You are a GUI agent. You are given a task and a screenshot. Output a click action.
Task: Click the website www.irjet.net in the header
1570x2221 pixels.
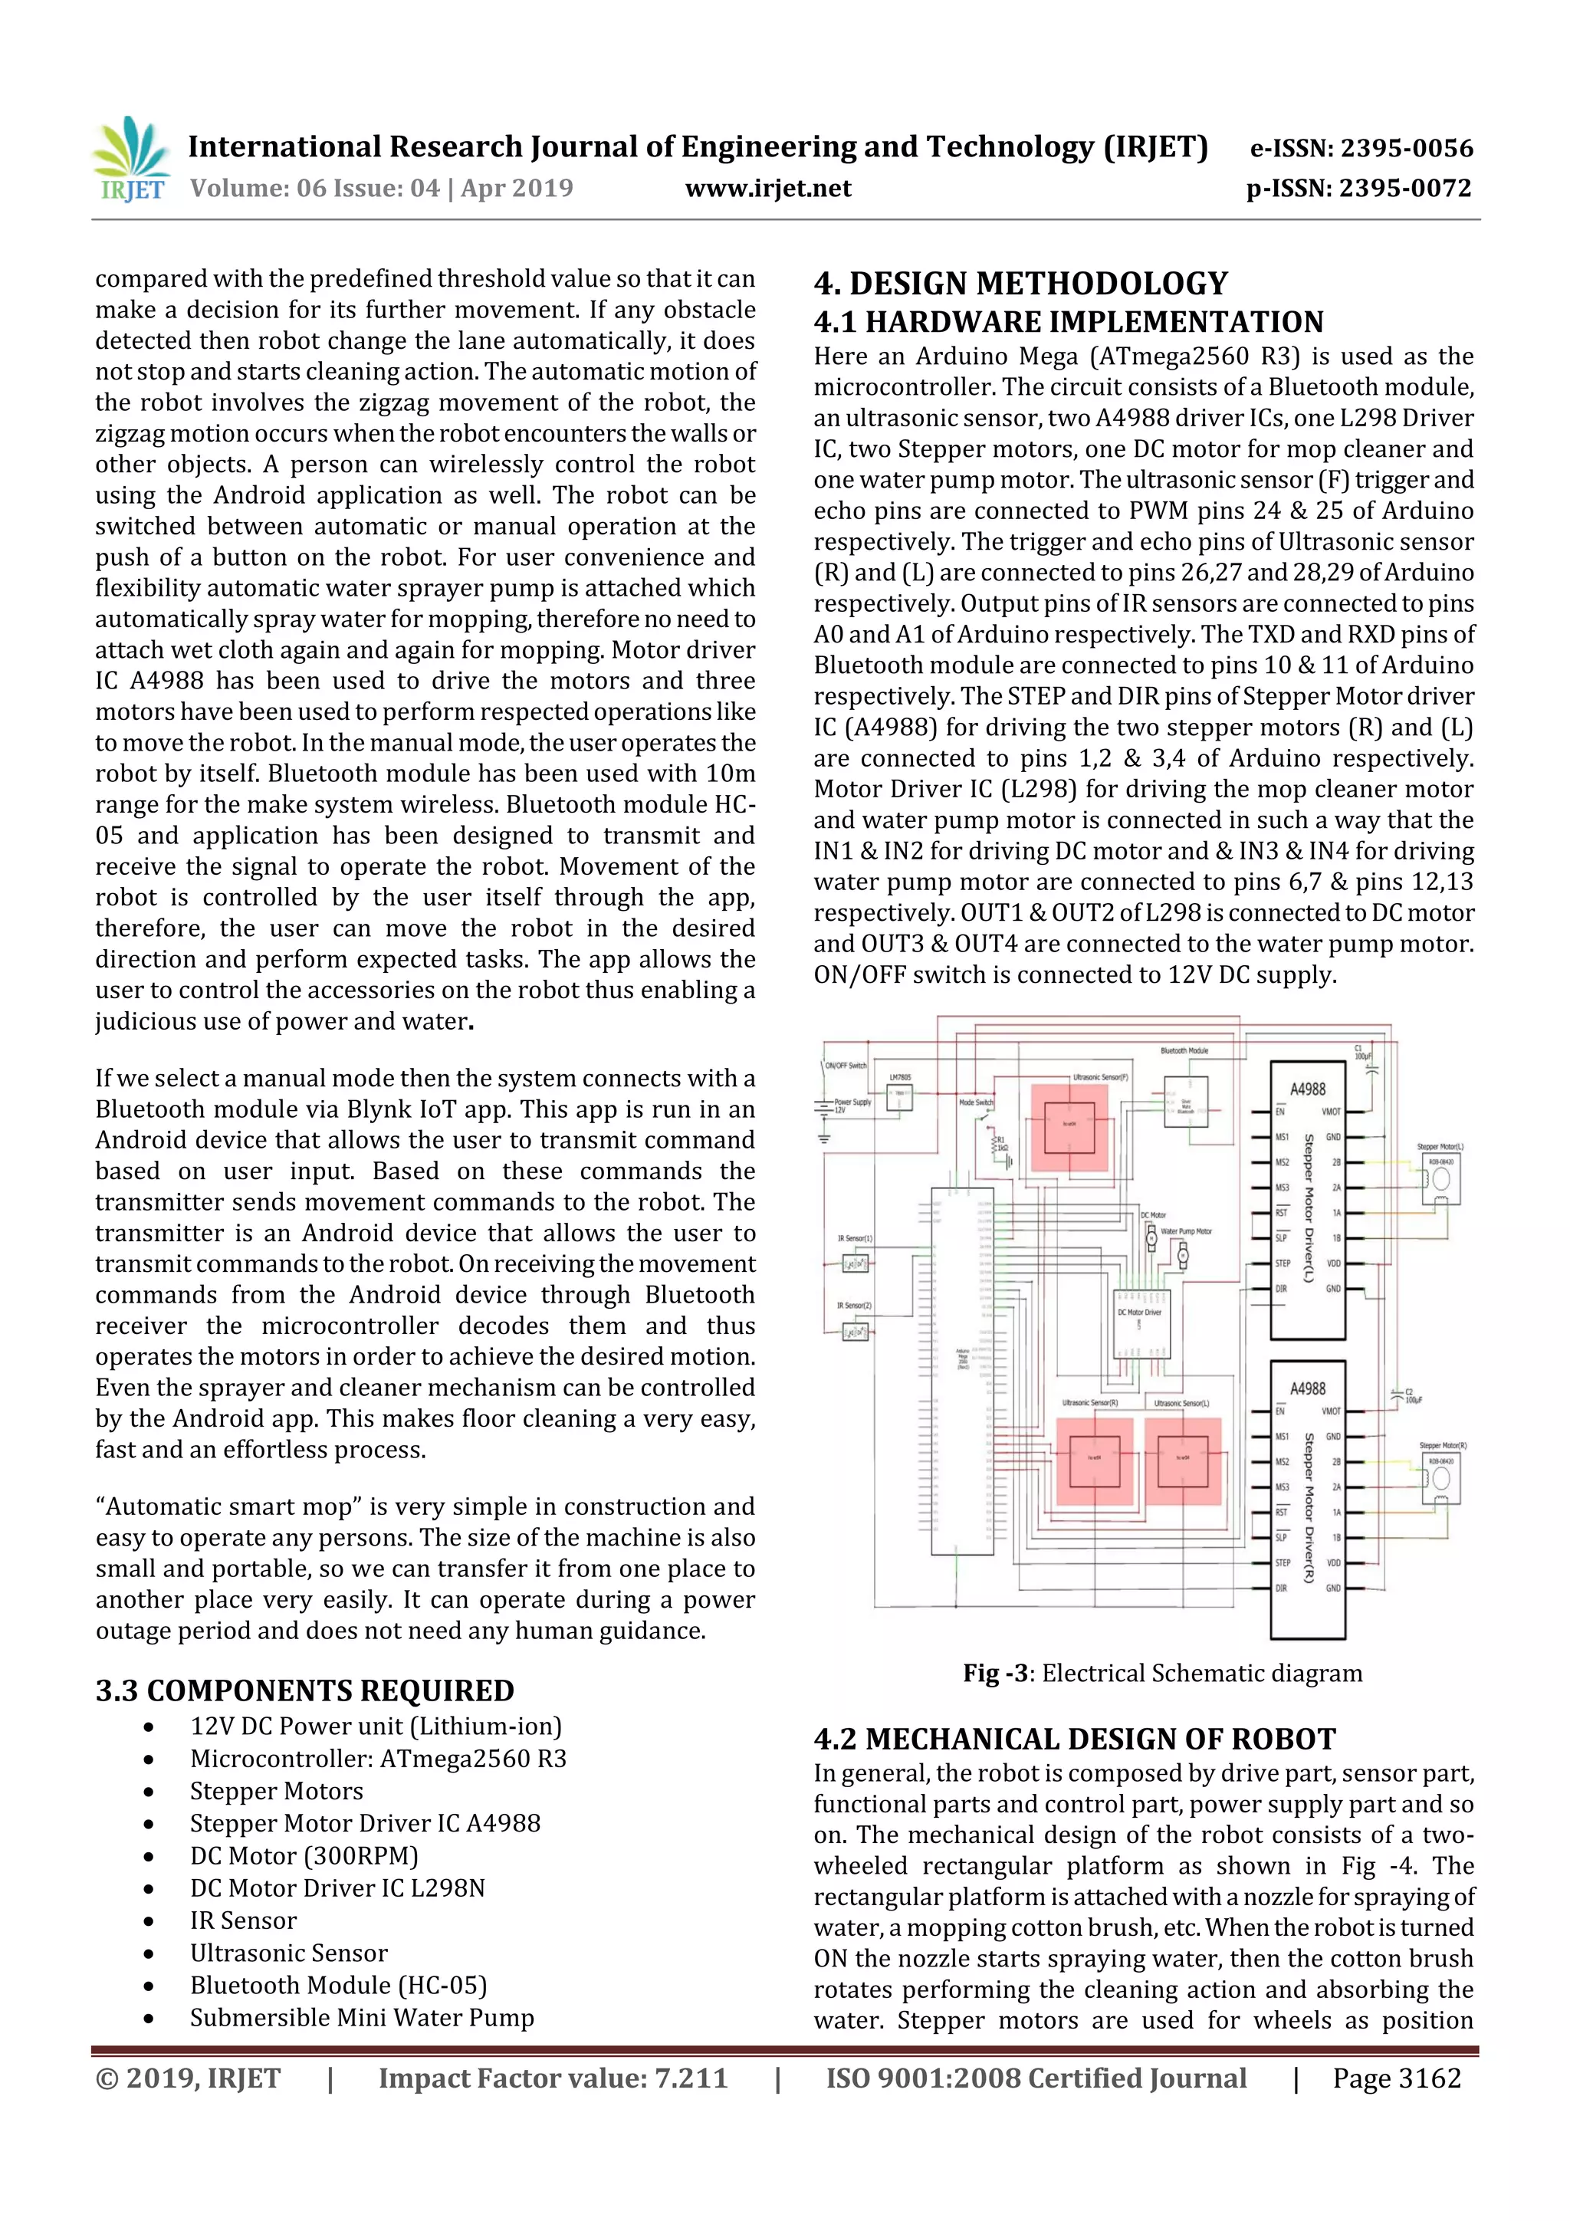pos(768,189)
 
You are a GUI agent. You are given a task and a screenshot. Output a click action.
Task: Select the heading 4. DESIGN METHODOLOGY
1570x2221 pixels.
pos(1020,284)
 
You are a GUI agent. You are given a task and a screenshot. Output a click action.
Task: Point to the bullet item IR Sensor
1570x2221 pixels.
pos(243,1920)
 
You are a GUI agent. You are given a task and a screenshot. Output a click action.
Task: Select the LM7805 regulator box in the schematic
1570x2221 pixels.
pos(901,1098)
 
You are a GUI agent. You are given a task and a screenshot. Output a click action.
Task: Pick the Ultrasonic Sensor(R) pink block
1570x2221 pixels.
pos(1094,1460)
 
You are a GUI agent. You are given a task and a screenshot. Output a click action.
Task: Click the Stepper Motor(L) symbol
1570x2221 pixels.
pos(1440,1179)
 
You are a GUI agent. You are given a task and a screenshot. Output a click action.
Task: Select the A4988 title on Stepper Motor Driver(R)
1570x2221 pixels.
pos(1307,1388)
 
